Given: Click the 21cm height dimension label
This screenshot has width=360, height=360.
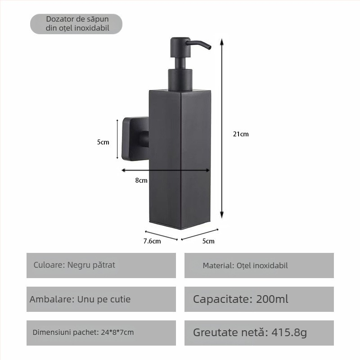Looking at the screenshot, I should pyautogui.click(x=241, y=134).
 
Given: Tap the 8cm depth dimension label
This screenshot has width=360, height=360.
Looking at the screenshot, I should pyautogui.click(x=141, y=180).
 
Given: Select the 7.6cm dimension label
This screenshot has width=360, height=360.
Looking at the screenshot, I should pyautogui.click(x=152, y=241).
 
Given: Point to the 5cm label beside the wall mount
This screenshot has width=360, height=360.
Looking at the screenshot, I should pyautogui.click(x=103, y=142).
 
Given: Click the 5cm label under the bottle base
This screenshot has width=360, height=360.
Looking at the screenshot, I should pyautogui.click(x=208, y=241).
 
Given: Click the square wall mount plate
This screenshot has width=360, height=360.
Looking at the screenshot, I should pyautogui.click(x=127, y=139).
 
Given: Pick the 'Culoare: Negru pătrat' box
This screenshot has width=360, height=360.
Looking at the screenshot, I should pyautogui.click(x=101, y=265).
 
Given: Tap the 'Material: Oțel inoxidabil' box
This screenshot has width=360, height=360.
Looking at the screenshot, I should pyautogui.click(x=259, y=265).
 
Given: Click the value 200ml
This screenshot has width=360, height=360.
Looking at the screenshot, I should pyautogui.click(x=272, y=299).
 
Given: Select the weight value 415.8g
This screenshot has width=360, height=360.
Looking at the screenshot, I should pyautogui.click(x=289, y=333).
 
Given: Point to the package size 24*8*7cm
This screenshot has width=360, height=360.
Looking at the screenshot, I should pyautogui.click(x=117, y=333).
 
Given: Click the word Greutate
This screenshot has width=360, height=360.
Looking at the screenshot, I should pyautogui.click(x=213, y=333).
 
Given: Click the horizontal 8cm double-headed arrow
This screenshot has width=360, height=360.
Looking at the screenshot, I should pyautogui.click(x=166, y=170).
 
